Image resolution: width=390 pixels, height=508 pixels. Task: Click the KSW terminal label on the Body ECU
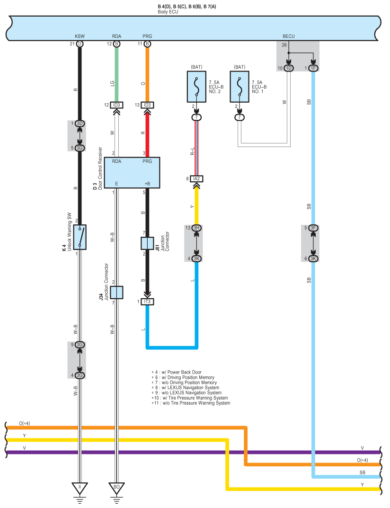tap(80, 36)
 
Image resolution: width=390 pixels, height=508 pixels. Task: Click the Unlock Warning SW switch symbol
tap(80, 237)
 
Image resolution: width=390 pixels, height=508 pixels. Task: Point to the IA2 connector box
tap(196, 179)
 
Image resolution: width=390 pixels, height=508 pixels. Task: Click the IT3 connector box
tap(147, 302)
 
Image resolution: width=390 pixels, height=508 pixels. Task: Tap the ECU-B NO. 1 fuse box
tap(240, 87)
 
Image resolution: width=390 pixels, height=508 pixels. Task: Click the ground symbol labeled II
tap(80, 487)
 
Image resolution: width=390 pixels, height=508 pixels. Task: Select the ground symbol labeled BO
tap(116, 487)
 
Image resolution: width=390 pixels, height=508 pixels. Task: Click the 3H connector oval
tap(197, 228)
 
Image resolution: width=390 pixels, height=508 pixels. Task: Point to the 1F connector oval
tap(313, 68)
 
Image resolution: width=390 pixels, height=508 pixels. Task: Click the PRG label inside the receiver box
tap(147, 161)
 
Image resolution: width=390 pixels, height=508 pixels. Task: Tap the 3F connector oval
tap(313, 228)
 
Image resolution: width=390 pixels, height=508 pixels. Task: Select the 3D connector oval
tap(80, 124)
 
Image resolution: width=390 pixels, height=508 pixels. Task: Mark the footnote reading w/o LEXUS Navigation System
tap(186, 392)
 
